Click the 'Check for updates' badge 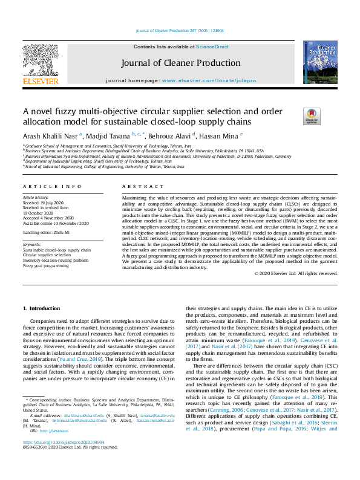pyautogui.click(x=295, y=116)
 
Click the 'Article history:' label pyautogui.click(x=37, y=198)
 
